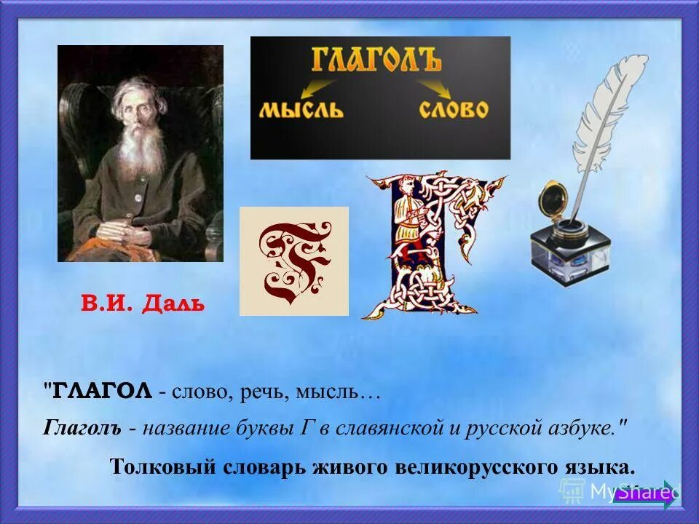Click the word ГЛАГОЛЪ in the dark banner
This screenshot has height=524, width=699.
coord(376,60)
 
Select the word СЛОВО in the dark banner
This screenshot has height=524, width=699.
coord(454,110)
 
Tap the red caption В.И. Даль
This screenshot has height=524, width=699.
coord(143,303)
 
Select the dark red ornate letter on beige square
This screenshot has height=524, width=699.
coord(293,261)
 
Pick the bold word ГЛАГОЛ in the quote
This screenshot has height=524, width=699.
coord(102,392)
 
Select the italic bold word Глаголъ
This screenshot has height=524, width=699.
coord(82,429)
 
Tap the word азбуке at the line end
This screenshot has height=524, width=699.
coord(580,429)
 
